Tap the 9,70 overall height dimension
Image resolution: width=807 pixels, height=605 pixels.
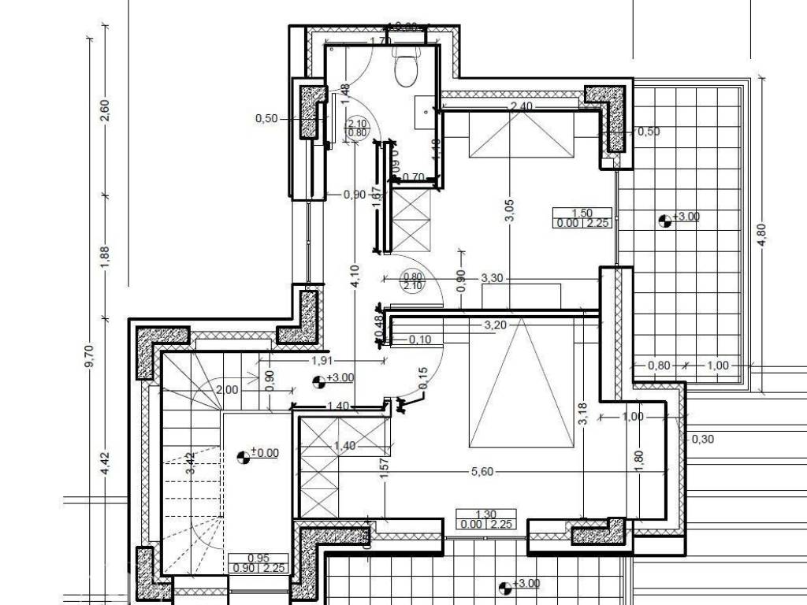coord(88,356)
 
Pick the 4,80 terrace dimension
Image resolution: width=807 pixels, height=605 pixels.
coord(761,235)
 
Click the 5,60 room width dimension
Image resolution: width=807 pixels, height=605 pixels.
coord(482,472)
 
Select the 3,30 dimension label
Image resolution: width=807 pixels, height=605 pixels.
coord(492,278)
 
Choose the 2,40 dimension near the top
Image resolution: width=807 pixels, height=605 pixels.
coord(523,106)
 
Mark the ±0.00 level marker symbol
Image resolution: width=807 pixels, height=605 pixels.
coord(244,455)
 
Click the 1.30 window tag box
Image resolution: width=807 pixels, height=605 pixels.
coord(486,519)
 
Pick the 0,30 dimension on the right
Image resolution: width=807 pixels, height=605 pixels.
coord(702,440)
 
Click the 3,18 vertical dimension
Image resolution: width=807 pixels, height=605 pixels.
coord(582,415)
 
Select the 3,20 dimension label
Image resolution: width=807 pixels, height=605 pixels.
coord(495,324)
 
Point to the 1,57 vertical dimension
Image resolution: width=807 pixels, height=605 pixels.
coord(384,470)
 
